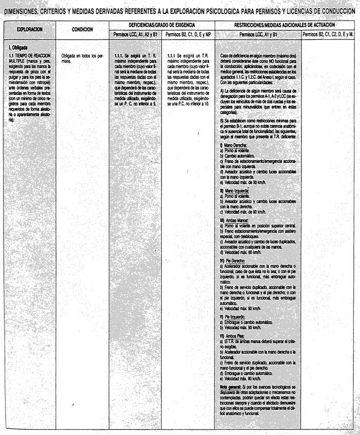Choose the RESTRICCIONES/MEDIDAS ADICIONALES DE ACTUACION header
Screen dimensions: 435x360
click(284, 25)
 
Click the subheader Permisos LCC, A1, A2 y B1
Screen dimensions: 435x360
click(135, 34)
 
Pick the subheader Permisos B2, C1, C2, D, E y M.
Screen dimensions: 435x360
click(329, 34)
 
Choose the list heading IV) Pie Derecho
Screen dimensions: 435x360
click(233, 261)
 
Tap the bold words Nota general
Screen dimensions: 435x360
click(231, 386)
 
